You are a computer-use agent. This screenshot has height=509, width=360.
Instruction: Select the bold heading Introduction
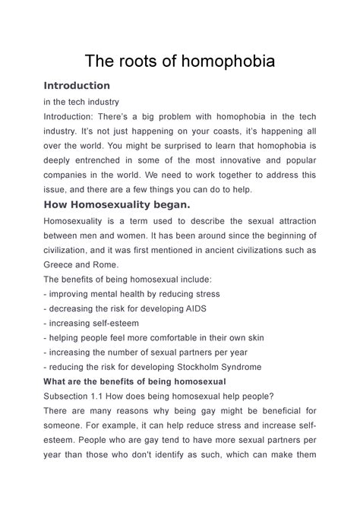(77, 86)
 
